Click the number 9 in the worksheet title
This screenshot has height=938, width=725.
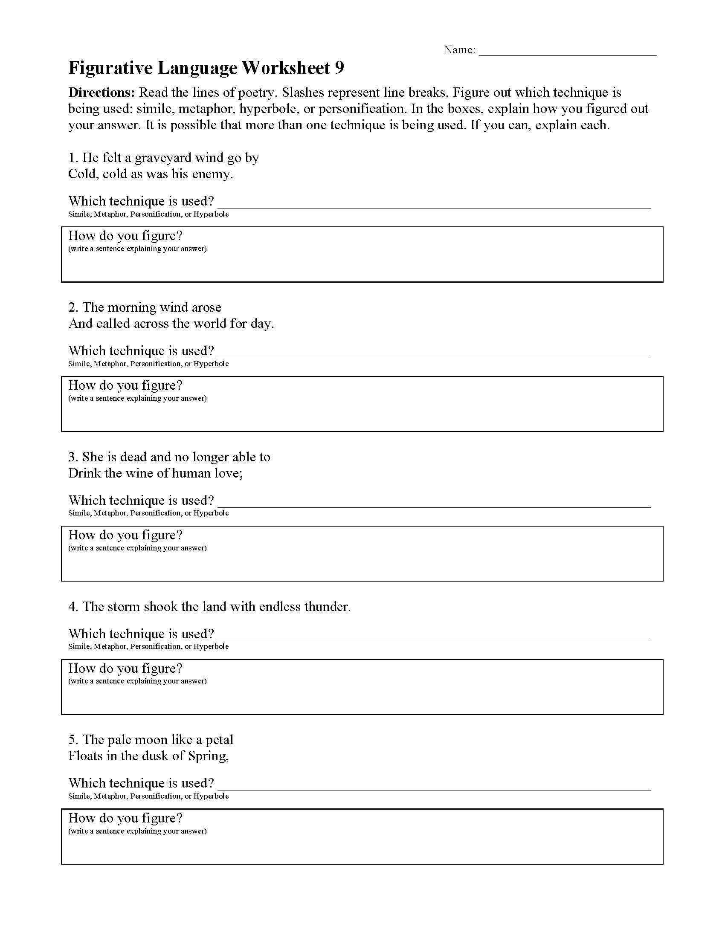(x=339, y=68)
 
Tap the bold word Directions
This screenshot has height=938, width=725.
(x=102, y=93)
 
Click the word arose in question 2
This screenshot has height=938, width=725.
(x=206, y=307)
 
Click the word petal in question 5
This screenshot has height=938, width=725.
(x=220, y=740)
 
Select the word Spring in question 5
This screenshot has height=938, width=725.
(x=208, y=756)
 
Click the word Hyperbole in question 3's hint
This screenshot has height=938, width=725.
(x=211, y=513)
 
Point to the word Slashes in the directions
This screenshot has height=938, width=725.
(x=302, y=93)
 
